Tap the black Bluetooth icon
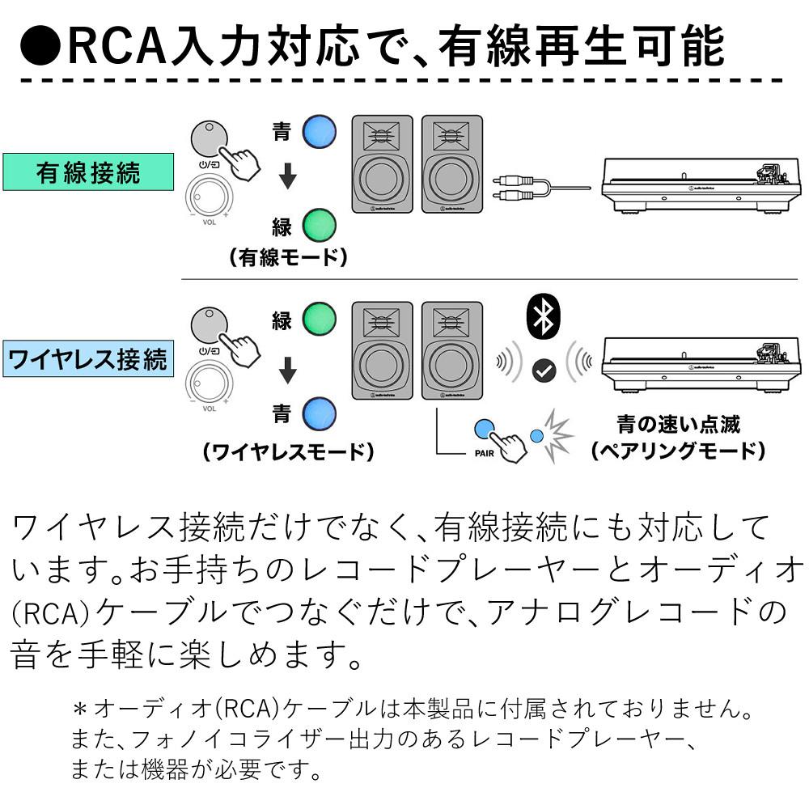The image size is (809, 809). coord(542,316)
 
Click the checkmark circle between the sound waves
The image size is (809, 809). coord(544,371)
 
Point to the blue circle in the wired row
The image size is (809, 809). coord(320,131)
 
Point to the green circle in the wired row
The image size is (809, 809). coord(319,224)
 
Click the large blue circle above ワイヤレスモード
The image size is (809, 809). coord(319,414)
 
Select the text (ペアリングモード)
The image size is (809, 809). coord(678,451)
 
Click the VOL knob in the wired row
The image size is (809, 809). coord(209,197)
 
